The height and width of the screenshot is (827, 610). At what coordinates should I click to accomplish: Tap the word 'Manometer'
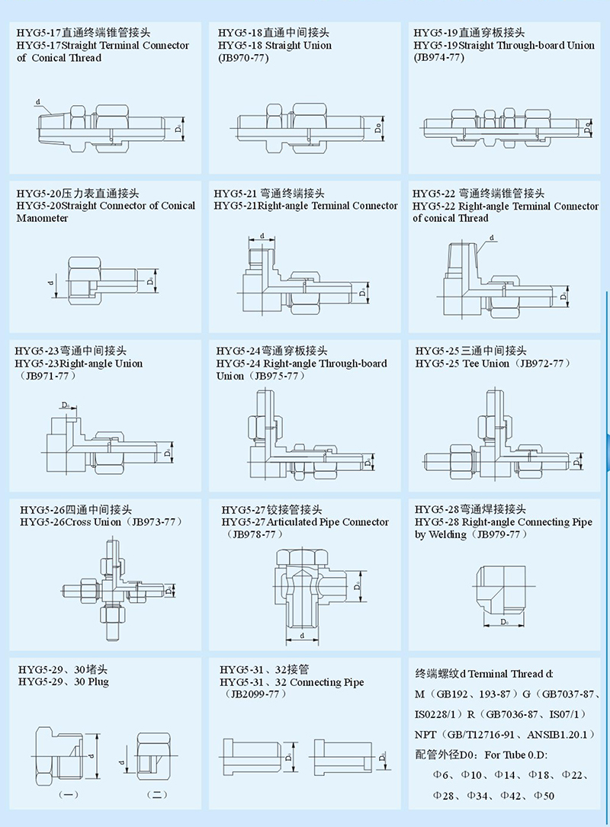pos(43,218)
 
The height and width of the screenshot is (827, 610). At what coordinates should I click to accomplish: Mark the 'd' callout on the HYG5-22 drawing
pos(492,238)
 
